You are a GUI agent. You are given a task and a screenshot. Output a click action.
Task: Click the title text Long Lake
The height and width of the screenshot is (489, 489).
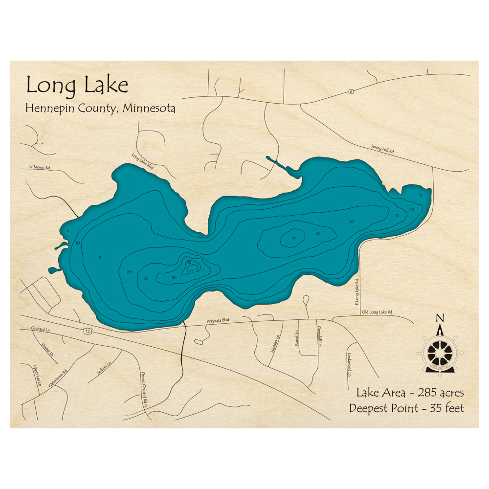pyautogui.click(x=77, y=86)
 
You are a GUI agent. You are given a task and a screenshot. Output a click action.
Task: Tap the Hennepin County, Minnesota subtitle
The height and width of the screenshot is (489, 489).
pyautogui.click(x=100, y=108)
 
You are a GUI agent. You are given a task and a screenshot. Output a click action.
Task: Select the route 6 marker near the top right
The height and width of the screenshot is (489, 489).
pyautogui.click(x=351, y=91)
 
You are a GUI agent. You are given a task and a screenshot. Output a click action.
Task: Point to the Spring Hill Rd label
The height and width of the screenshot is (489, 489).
pyautogui.click(x=382, y=149)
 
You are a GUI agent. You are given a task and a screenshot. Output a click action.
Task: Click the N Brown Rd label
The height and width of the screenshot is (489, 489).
pyautogui.click(x=35, y=168)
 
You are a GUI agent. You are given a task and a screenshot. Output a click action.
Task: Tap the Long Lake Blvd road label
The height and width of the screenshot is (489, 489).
pyautogui.click(x=142, y=162)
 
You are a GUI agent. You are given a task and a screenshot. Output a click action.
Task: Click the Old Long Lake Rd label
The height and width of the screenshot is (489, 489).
pyautogui.click(x=377, y=312)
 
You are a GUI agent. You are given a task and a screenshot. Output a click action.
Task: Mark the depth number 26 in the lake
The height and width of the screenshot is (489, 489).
pyautogui.click(x=293, y=238)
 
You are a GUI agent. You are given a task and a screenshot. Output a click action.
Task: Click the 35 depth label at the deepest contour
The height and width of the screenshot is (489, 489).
pyautogui.click(x=189, y=264)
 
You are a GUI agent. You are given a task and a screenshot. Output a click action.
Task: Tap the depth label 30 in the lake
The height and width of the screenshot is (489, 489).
pyautogui.click(x=174, y=278)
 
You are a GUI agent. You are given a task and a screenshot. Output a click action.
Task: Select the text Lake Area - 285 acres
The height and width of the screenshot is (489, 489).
pyautogui.click(x=410, y=392)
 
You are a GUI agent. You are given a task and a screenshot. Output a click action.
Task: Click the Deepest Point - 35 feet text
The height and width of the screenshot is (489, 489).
pyautogui.click(x=406, y=408)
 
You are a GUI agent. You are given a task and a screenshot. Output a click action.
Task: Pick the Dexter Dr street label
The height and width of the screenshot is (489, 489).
pyautogui.click(x=47, y=349)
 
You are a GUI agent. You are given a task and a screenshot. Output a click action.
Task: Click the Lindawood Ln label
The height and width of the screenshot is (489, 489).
pyautogui.click(x=350, y=365)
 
